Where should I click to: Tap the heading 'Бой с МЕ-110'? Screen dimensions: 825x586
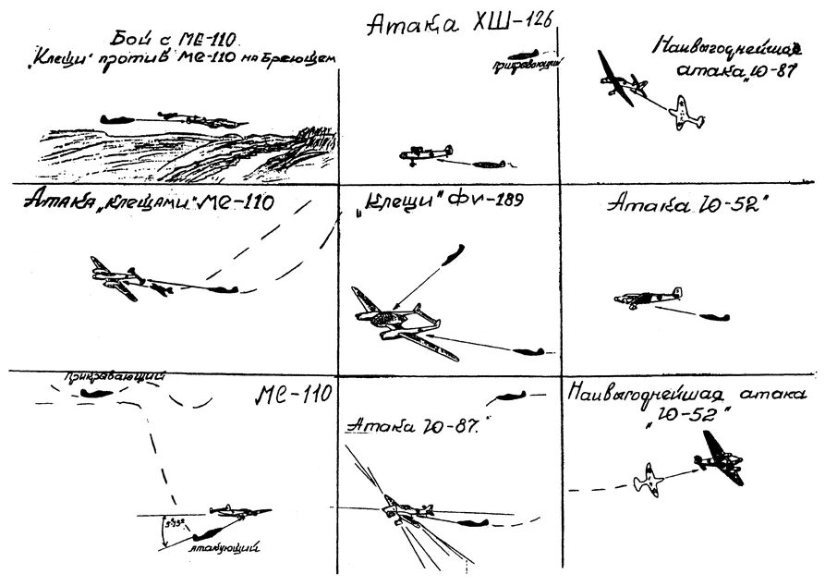pyautogui.click(x=172, y=39)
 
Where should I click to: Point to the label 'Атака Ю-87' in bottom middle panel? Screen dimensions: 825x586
pyautogui.click(x=410, y=427)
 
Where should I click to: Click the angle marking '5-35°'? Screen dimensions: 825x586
pyautogui.click(x=172, y=526)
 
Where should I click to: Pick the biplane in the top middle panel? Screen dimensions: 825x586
pyautogui.click(x=427, y=154)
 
